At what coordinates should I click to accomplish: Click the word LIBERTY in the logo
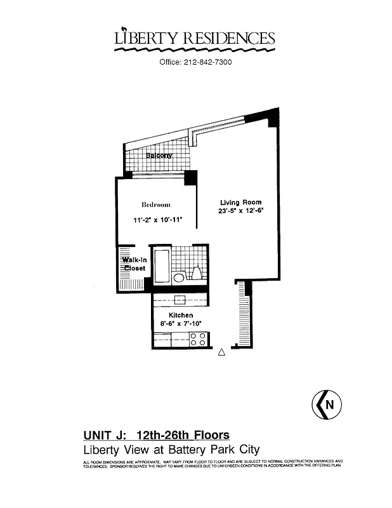click(141, 39)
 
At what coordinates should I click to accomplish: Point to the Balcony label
click(159, 156)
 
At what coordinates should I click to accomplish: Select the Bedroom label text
click(155, 204)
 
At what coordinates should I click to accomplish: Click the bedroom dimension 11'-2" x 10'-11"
click(157, 220)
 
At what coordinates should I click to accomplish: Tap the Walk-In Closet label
click(134, 264)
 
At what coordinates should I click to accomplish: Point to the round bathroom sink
click(180, 277)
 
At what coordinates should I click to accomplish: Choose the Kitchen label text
click(181, 316)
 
